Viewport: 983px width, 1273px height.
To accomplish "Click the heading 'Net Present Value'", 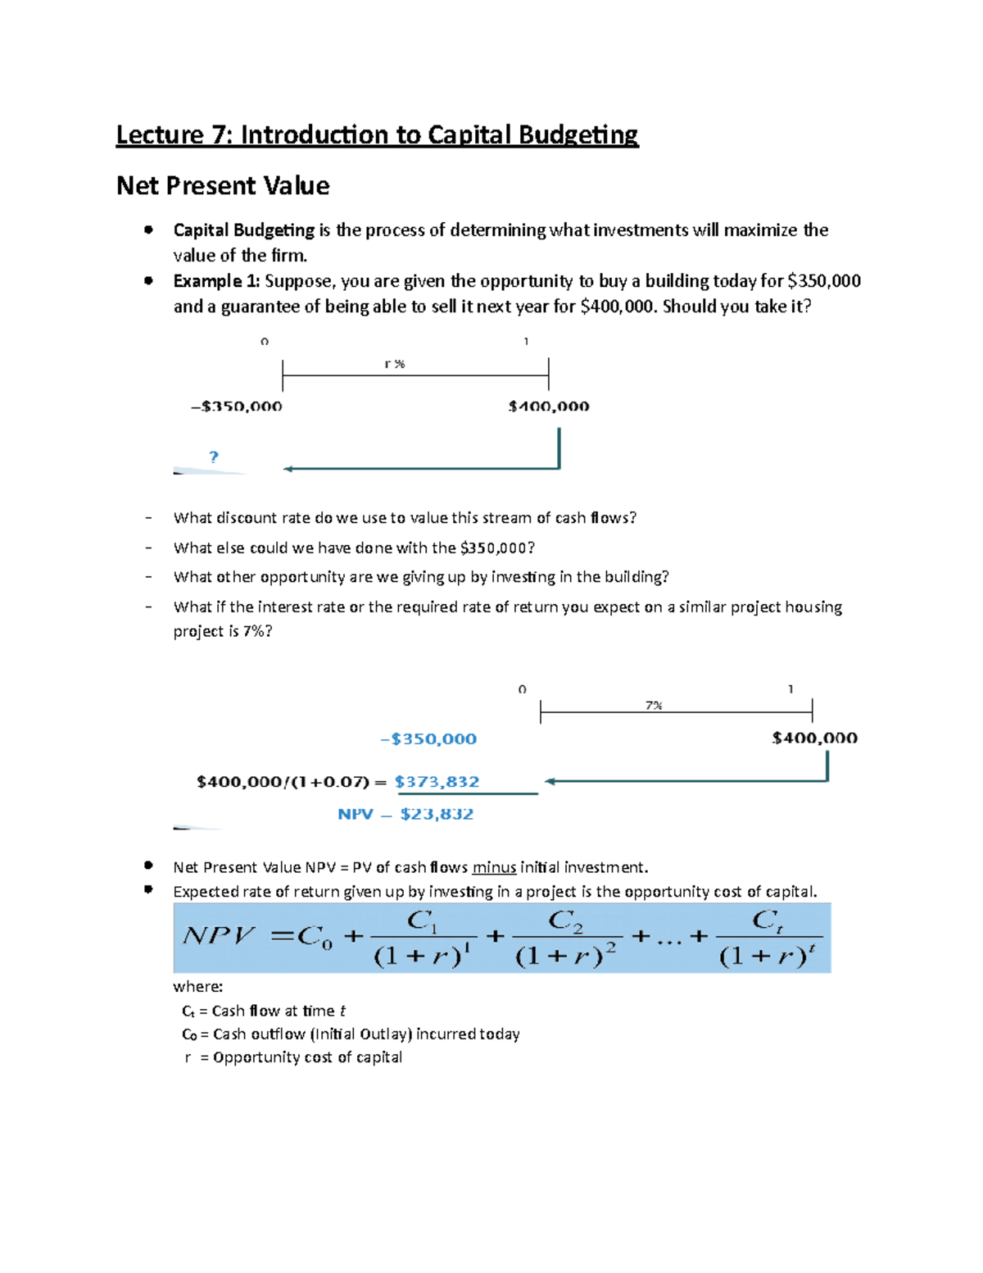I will pos(223,186).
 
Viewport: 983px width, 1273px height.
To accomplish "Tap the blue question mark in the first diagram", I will pos(214,457).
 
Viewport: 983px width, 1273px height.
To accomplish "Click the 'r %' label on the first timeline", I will pos(395,364).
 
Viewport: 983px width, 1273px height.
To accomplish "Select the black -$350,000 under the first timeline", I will pos(237,407).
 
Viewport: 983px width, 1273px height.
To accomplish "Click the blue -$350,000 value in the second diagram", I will pos(428,739).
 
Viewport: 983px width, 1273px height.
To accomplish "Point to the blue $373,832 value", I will pos(437,782).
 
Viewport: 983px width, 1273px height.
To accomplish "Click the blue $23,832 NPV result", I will pos(437,814).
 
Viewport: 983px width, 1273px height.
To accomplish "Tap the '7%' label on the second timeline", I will pos(653,705).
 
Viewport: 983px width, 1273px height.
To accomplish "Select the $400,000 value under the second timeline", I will pos(814,738).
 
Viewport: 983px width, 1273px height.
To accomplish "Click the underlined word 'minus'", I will pos(494,867).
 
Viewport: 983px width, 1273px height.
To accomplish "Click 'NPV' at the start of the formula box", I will pos(219,935).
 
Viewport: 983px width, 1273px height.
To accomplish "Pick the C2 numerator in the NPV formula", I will pos(565,921).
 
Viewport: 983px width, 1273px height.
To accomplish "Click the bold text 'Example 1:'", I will pos(216,281).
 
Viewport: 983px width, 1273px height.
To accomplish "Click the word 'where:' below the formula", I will pos(198,987).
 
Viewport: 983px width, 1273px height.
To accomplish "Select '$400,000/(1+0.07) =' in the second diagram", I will pos(292,782).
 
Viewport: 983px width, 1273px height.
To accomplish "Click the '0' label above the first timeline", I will pos(265,341).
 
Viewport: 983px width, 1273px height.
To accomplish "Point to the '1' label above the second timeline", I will pos(790,689).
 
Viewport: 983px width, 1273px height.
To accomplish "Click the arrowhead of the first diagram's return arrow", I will pos(288,469).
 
